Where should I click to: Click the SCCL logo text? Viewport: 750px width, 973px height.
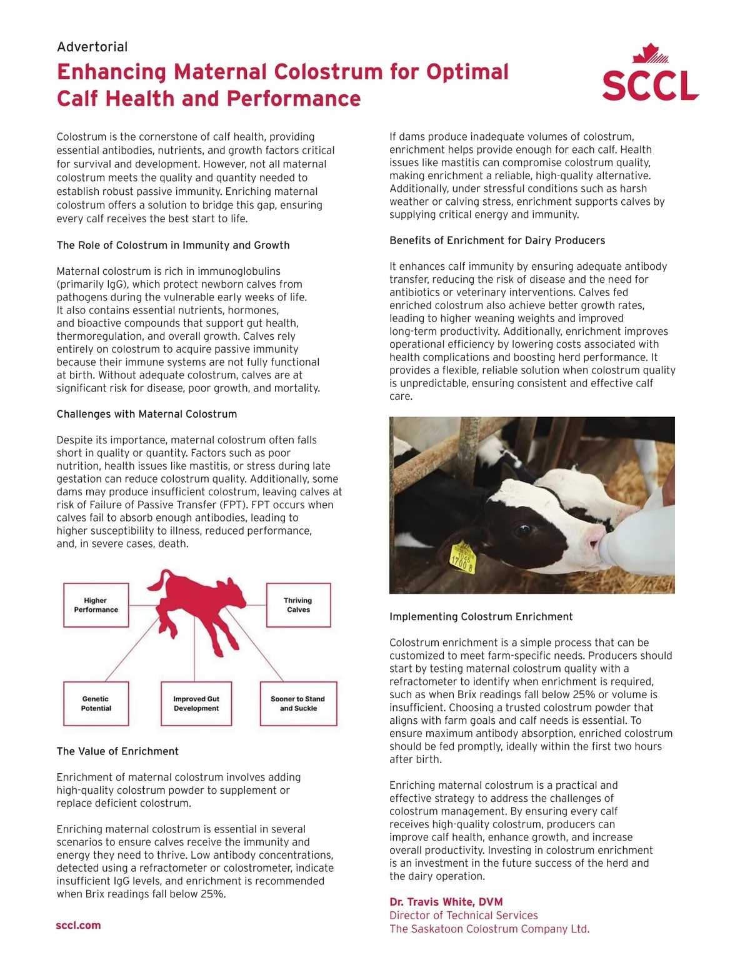(650, 86)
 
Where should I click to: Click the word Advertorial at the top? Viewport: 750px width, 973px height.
(92, 47)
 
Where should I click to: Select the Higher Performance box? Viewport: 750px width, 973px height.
(96, 605)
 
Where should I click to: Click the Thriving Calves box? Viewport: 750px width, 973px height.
(298, 605)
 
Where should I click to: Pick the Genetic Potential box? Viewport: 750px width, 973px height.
(96, 704)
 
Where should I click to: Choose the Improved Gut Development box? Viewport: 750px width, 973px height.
(196, 704)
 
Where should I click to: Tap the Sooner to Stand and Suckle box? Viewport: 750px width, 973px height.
(298, 704)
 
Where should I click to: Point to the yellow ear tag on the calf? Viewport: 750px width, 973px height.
(463, 556)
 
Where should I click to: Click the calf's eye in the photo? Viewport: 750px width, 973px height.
(521, 531)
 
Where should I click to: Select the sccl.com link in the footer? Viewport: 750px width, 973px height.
(78, 926)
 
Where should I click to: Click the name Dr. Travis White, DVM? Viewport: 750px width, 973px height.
(446, 902)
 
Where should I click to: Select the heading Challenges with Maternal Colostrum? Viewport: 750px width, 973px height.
(147, 414)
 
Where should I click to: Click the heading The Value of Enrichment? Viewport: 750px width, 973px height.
(117, 751)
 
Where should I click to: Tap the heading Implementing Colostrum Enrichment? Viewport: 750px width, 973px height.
(481, 617)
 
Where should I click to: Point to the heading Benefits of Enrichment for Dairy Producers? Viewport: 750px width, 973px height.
(497, 240)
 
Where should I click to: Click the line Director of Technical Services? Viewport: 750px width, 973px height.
(463, 916)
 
